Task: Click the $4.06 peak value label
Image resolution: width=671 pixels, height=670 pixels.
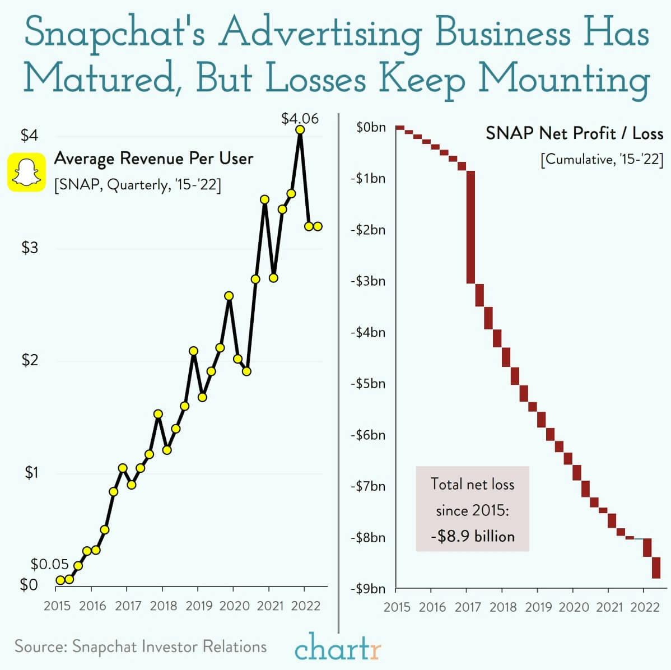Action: coord(300,118)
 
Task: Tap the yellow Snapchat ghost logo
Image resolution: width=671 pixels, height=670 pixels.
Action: coord(26,173)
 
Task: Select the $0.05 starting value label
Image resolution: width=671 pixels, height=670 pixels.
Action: coord(49,564)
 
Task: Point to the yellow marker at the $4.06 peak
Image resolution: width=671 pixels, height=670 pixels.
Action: coord(300,129)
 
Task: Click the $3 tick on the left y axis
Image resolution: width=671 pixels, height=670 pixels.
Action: coord(29,248)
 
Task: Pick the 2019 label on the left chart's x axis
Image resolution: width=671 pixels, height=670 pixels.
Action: coord(199,606)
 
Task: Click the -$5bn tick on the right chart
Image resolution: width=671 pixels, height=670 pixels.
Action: coord(367,384)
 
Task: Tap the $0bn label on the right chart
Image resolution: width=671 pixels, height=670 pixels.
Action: coord(371,127)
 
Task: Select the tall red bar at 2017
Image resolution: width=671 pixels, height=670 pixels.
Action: coord(470,227)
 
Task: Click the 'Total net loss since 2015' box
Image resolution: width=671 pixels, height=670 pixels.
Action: coord(472,509)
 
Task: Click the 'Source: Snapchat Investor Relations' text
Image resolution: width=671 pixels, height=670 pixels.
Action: coord(141,646)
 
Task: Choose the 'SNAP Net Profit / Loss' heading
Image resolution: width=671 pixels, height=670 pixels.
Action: coord(574,133)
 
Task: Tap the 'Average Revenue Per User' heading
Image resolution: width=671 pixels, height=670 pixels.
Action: coord(153,159)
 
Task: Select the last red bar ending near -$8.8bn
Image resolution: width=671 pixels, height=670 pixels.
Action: coord(656,567)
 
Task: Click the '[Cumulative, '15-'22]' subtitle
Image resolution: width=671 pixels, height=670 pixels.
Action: coord(602,160)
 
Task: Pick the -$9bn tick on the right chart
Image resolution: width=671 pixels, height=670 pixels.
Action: coord(367,589)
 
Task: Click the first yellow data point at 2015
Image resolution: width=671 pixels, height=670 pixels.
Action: coord(60,580)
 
